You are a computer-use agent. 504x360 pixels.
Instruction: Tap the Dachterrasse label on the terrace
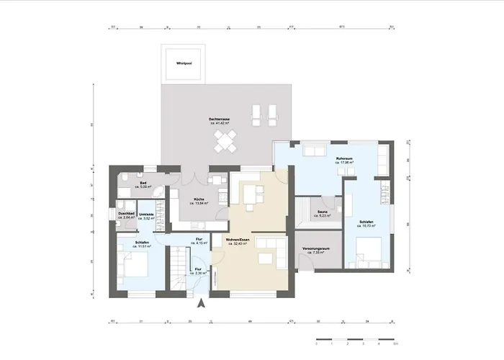click(220, 120)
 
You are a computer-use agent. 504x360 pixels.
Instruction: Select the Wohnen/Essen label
click(237, 241)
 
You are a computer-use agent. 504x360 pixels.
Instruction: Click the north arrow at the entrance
click(202, 304)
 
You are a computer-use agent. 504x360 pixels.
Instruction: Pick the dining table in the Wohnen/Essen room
click(251, 194)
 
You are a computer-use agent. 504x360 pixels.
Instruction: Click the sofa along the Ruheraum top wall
click(315, 150)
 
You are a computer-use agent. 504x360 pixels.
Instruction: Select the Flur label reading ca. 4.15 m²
click(199, 241)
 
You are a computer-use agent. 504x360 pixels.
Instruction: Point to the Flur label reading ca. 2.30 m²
click(199, 271)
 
